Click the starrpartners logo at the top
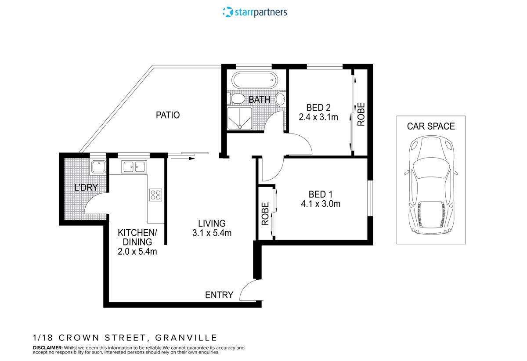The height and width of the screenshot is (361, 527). coord(255,12)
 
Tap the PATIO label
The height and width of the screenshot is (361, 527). coord(168,115)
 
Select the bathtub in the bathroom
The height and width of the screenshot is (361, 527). coord(255,80)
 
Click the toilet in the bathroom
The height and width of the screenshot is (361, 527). coord(237,98)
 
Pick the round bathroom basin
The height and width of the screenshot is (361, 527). coord(281,99)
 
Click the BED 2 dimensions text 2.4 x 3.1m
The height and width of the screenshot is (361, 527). coord(318,117)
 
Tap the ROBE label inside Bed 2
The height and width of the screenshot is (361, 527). coord(361,114)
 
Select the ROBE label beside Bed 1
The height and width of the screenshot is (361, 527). coord(265,214)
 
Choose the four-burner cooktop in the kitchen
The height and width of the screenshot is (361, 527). coord(155,195)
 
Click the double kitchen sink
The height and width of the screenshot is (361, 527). coord(134,166)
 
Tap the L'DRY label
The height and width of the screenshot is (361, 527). coord(86,188)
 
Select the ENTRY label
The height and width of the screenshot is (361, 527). coord(219,295)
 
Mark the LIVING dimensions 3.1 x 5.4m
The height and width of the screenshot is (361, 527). coord(212,233)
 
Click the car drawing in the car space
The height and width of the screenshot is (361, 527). coord(431,185)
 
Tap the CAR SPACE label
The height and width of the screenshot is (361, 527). coord(431,126)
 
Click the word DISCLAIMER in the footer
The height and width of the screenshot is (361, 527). coord(47,347)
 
